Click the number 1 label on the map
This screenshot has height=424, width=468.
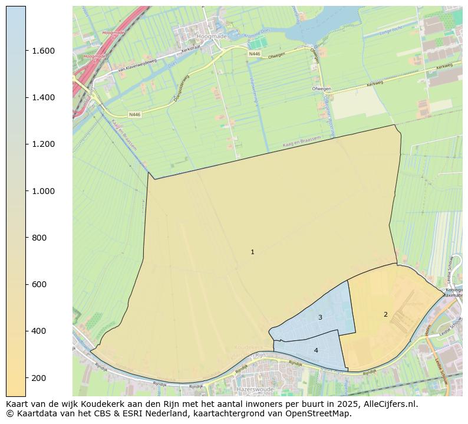[x=252, y=252]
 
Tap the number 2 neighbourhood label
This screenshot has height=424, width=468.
[x=385, y=314]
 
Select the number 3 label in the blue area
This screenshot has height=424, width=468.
[x=320, y=317]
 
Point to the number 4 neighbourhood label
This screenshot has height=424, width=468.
[x=316, y=350]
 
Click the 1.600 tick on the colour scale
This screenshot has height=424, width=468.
[x=44, y=51]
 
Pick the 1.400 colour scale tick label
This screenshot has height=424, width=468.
[x=44, y=97]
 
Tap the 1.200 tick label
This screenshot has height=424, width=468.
[x=44, y=144]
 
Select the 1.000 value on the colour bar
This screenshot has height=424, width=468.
[x=44, y=191]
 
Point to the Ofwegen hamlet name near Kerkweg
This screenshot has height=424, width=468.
[x=321, y=89]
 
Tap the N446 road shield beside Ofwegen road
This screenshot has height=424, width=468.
[x=254, y=54]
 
